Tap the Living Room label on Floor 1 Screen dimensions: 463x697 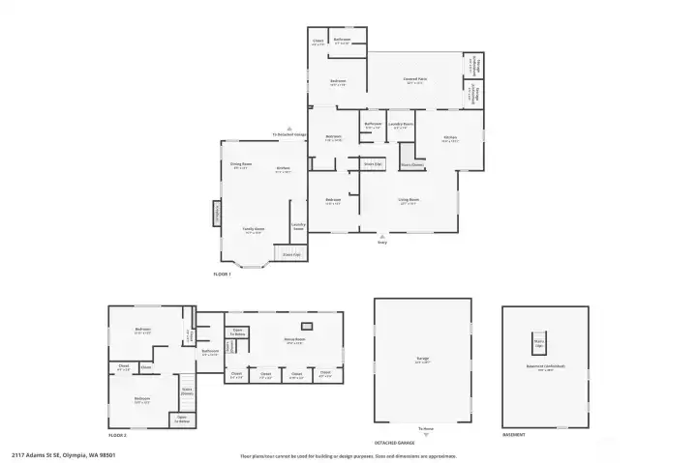coord(408,201)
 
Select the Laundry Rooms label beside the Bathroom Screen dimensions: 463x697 coord(402,125)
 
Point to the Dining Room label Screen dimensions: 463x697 coord(241,166)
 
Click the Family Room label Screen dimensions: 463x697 coord(255,230)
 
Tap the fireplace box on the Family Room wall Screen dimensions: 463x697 coord(218,213)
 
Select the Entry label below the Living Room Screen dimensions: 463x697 coord(381,243)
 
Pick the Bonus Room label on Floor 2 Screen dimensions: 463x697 coord(294,339)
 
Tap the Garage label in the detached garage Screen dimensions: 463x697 coord(423,359)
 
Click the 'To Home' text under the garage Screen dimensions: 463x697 coord(424,427)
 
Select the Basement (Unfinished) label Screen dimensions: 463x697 coord(545,366)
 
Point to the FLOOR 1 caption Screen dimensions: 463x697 coord(223,275)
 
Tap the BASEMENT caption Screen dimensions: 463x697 coord(514,435)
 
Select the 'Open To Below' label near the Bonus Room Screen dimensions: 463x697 coord(237,331)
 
